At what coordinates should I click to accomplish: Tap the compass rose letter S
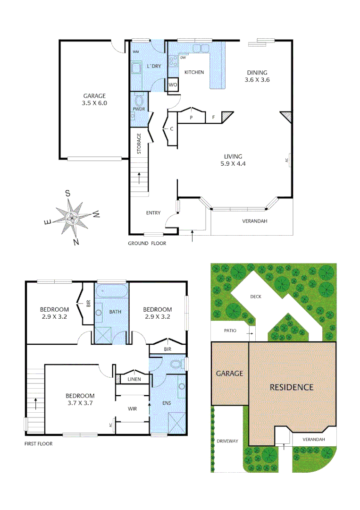67,193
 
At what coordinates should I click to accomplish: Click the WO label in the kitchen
173,85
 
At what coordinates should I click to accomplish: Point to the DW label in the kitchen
183,58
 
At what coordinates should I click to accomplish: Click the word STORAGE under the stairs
139,144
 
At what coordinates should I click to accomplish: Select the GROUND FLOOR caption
147,244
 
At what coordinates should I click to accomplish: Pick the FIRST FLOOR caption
38,444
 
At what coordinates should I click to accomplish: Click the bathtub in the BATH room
112,290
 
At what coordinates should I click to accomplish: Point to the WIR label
132,408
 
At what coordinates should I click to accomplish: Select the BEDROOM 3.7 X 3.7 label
80,399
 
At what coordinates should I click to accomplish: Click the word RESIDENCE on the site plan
291,387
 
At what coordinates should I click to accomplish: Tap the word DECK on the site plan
256,297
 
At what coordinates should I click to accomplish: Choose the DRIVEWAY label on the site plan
227,441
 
